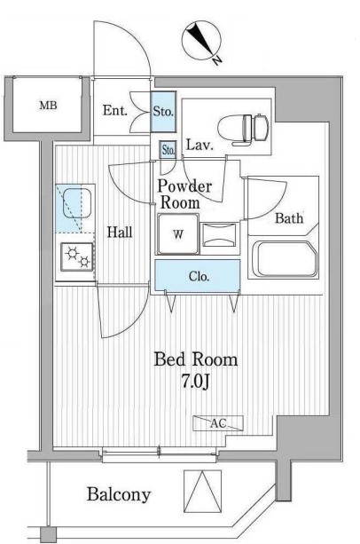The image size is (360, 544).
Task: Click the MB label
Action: [x=48, y=105]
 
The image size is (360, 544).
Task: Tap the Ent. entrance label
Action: [x=115, y=111]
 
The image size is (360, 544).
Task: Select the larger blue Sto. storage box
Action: [x=163, y=112]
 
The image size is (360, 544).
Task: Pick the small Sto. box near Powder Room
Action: [x=168, y=150]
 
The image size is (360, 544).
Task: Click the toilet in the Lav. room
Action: [x=243, y=130]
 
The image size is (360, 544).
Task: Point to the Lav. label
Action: [x=200, y=145]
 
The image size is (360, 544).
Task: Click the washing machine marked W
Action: [x=178, y=234]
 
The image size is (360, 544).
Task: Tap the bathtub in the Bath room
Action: [x=284, y=258]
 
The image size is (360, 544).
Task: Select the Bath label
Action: [x=289, y=218]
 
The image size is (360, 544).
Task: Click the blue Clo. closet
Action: [x=198, y=276]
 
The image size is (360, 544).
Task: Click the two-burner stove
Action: [x=78, y=257]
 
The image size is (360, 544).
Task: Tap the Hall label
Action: [x=120, y=233]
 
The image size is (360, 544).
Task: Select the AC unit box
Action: [x=218, y=423]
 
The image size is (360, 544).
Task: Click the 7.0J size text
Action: [x=195, y=382]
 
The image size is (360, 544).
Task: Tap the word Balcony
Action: [x=119, y=495]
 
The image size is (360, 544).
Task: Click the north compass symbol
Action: [x=201, y=39]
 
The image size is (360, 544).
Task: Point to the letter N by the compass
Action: [x=217, y=60]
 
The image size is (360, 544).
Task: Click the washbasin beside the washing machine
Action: [x=219, y=235]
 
